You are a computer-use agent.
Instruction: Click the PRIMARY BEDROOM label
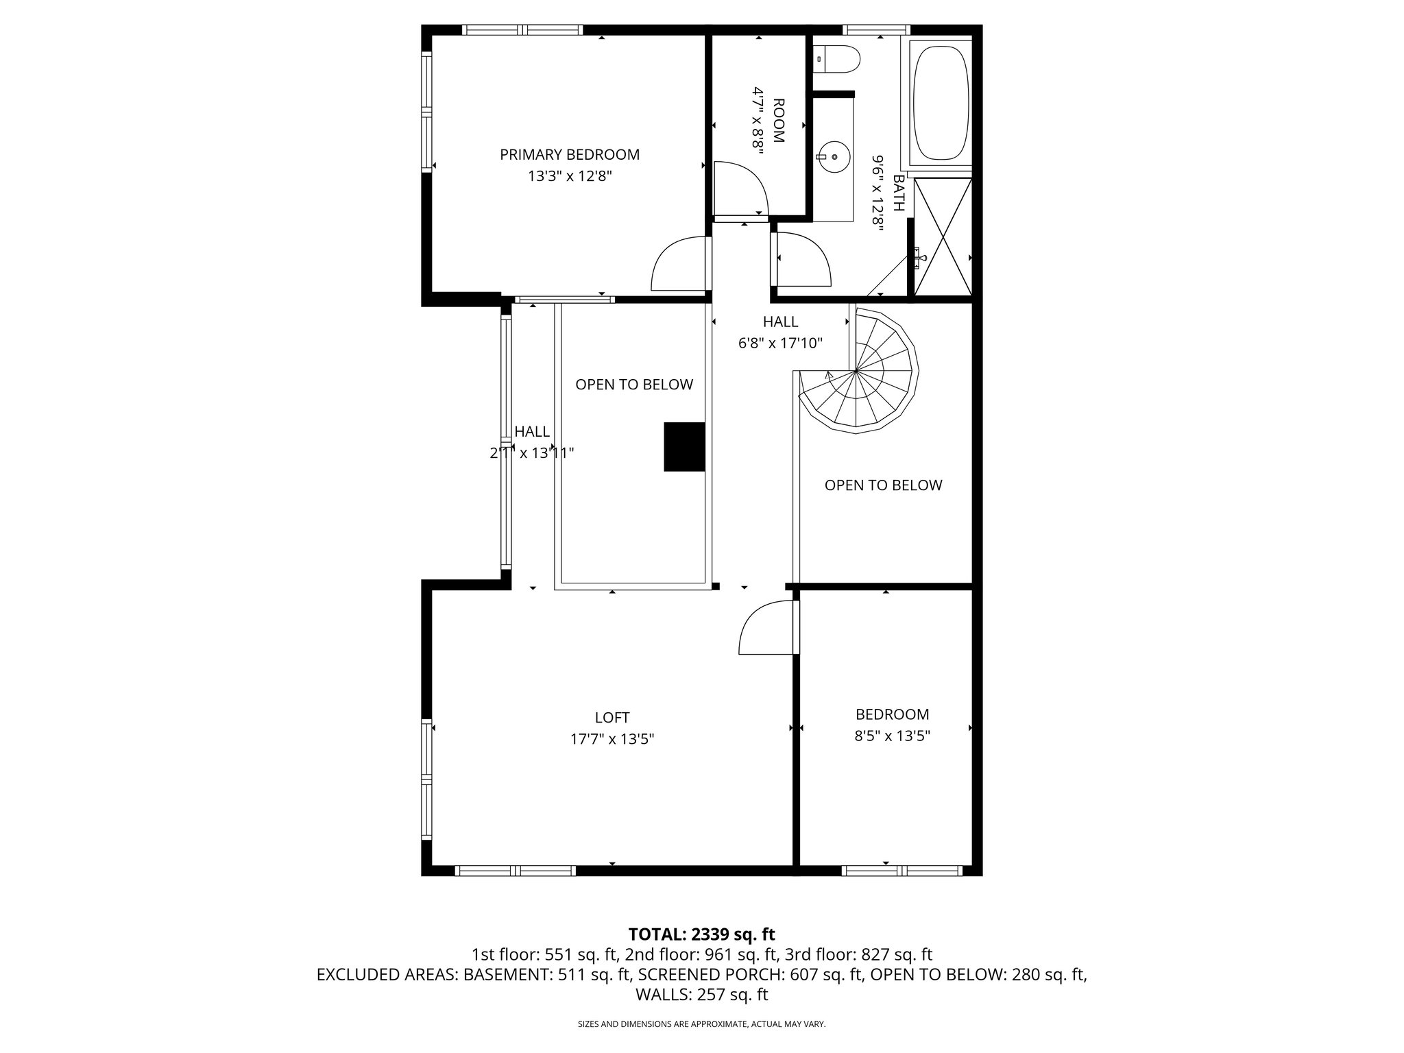(x=569, y=155)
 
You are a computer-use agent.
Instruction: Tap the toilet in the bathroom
(x=838, y=60)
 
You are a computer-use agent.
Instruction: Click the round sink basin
(x=834, y=157)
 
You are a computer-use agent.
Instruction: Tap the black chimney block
(x=684, y=446)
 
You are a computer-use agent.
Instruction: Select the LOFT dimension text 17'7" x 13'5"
(x=612, y=740)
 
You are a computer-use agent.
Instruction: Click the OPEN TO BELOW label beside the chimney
(x=633, y=385)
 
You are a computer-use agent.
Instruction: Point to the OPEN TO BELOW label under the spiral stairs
(x=883, y=485)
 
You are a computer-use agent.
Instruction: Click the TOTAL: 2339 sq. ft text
(x=701, y=934)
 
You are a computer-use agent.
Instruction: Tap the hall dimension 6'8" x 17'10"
(x=780, y=343)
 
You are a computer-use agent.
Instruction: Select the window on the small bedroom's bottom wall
(x=901, y=871)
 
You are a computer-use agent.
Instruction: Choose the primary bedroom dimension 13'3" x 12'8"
(x=569, y=176)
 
